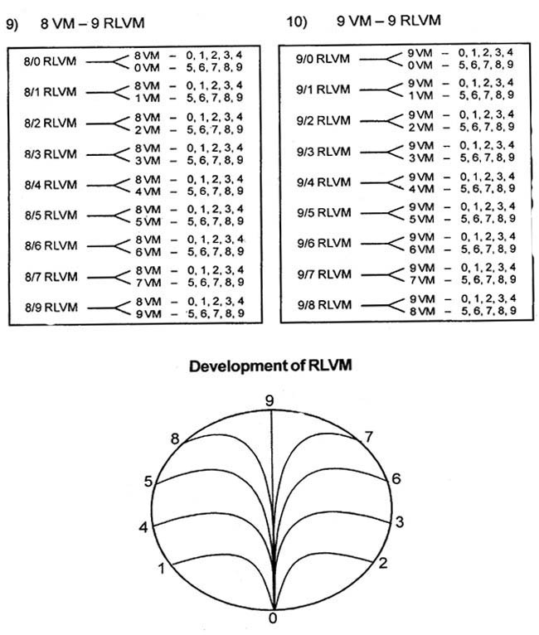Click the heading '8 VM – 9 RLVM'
[92, 23]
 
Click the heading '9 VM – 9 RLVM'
[389, 21]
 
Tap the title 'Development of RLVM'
[270, 366]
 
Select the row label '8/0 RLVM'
[50, 61]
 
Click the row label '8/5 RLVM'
[51, 215]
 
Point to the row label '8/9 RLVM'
[51, 308]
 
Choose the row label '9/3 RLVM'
[323, 152]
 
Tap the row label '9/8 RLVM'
[325, 304]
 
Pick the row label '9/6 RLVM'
[324, 243]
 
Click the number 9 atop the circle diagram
[269, 401]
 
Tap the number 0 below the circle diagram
[273, 618]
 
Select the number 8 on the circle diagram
[175, 439]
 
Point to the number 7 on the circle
[368, 437]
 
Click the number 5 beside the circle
[148, 481]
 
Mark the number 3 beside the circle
[400, 522]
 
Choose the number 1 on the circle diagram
[162, 569]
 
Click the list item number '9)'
[12, 24]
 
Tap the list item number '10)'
[297, 22]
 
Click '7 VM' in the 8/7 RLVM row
[148, 283]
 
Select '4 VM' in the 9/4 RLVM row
[421, 189]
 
